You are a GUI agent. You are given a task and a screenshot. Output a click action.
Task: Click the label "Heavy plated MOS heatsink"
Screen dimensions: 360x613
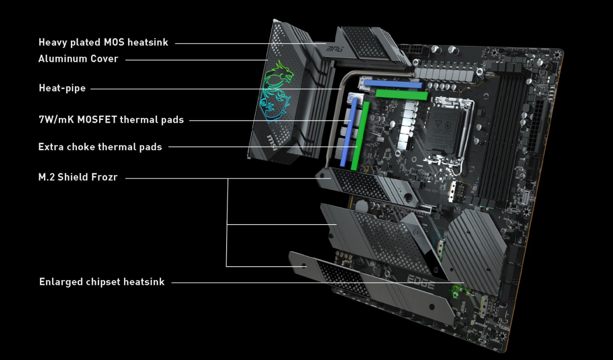point(103,42)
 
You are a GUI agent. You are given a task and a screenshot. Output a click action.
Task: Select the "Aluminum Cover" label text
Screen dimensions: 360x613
point(78,59)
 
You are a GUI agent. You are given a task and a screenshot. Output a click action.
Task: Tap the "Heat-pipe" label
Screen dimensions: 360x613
point(62,88)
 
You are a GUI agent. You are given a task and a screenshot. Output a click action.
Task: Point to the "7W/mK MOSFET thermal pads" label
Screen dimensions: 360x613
point(111,120)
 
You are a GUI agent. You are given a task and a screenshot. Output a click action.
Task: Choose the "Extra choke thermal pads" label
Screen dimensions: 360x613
point(100,147)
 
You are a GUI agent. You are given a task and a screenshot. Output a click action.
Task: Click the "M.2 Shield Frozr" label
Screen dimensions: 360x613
point(78,177)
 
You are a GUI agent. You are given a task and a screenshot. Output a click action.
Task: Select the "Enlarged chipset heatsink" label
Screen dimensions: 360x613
point(102,282)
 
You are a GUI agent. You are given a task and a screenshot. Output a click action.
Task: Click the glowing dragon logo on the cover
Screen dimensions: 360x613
point(275,90)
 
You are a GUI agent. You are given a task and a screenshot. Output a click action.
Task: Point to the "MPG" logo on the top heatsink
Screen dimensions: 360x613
point(335,49)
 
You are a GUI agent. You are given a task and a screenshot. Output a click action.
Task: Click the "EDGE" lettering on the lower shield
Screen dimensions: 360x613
point(420,282)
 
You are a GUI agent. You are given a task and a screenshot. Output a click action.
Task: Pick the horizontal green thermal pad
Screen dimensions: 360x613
point(401,95)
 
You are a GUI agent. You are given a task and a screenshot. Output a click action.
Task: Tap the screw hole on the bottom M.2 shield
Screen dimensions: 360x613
point(304,266)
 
